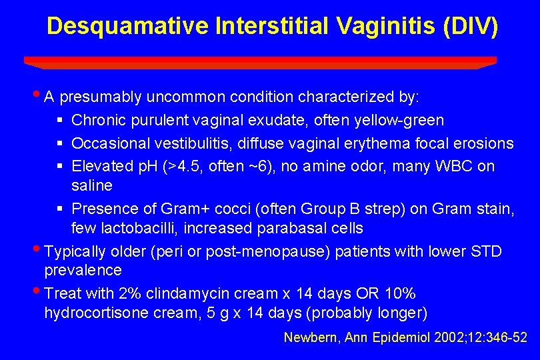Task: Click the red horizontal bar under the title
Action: coord(260,61)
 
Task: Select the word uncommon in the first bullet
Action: coord(185,97)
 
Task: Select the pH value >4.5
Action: coord(181,166)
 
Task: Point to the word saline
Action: coord(92,185)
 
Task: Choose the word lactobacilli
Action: coord(131,228)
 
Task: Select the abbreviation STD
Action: coord(486,251)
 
